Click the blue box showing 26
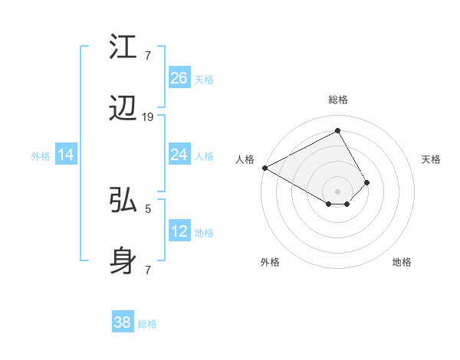coord(179,78)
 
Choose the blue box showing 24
coord(179,155)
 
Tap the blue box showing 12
coord(179,231)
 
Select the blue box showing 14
coord(66,155)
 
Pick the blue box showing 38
coord(123,322)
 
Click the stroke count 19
coord(148,116)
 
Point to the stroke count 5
coord(148,208)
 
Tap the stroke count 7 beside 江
coord(148,55)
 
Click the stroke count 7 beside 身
coord(148,270)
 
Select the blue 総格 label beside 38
coord(147,324)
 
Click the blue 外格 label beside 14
coord(41,156)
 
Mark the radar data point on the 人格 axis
coord(264,167)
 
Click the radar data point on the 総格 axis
coord(337,130)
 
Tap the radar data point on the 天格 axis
coord(367,182)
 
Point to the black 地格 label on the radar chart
coord(402,262)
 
